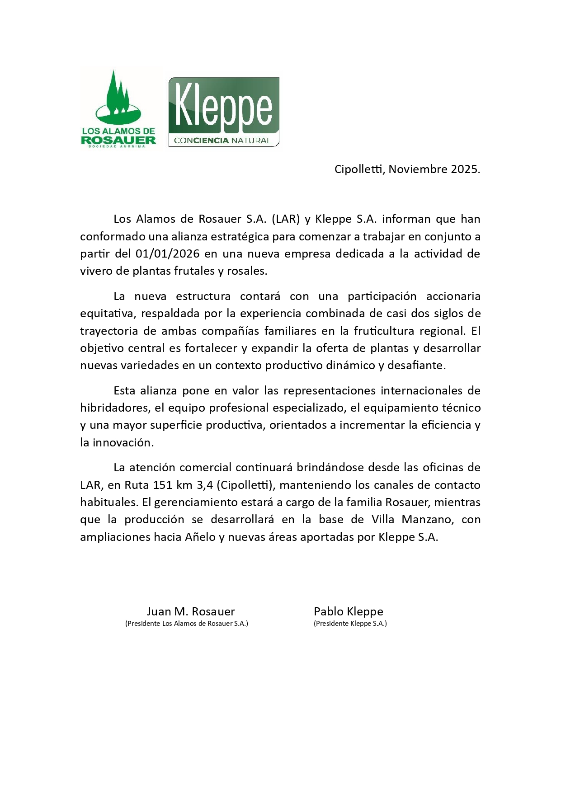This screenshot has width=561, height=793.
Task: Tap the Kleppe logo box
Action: click(224, 112)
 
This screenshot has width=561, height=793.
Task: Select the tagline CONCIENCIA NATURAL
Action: click(222, 141)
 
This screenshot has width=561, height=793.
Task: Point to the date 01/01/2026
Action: click(167, 253)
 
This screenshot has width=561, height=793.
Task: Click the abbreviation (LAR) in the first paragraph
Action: click(286, 219)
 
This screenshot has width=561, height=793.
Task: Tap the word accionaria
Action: click(453, 296)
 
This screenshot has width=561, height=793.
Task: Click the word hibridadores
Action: click(114, 408)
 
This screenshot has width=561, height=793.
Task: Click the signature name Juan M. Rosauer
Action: click(190, 611)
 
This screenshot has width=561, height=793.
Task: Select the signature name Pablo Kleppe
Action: click(348, 611)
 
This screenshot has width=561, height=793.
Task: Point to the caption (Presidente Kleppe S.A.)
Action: click(350, 624)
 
